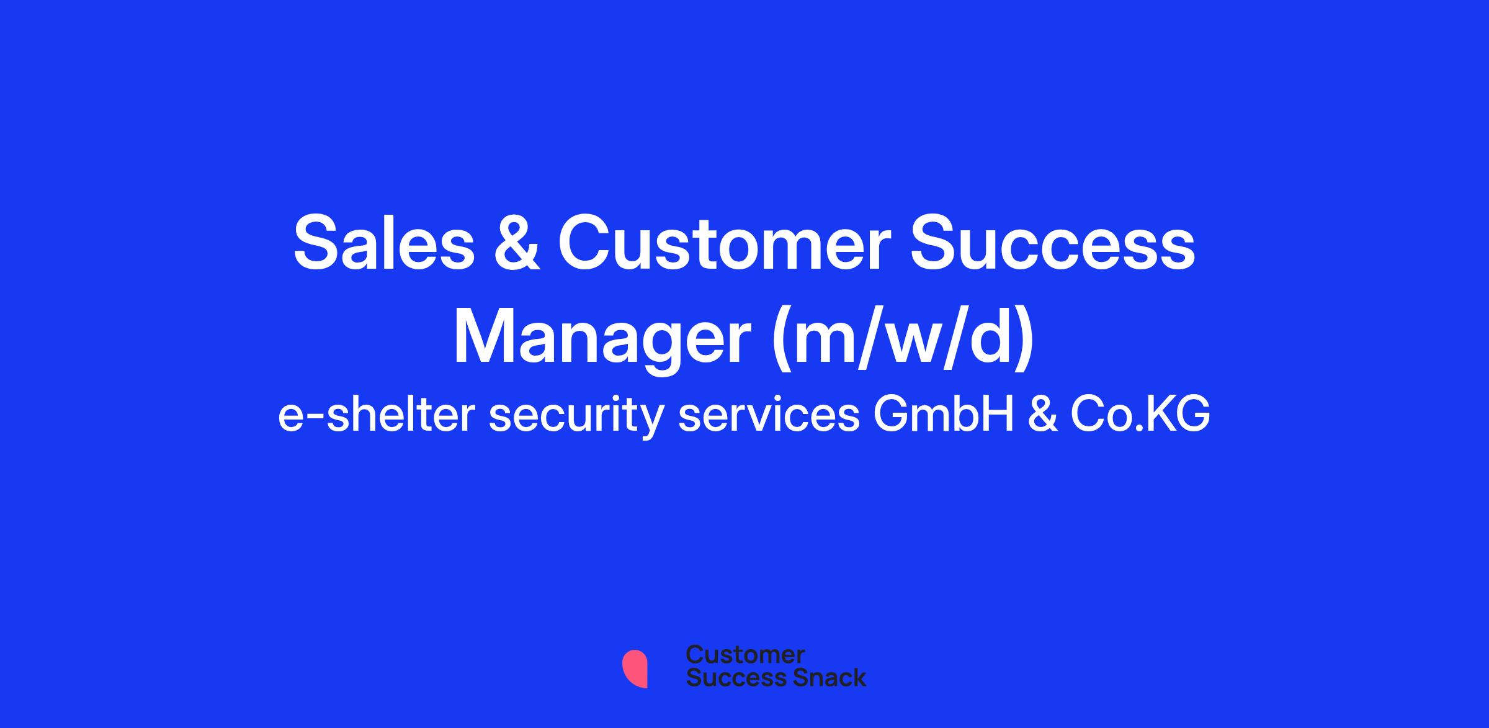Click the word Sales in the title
[x=383, y=243]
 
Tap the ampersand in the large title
[x=516, y=243]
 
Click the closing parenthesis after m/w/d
[x=1024, y=339]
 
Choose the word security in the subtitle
[x=577, y=416]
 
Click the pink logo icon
[x=635, y=669]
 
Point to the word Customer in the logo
[x=746, y=655]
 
